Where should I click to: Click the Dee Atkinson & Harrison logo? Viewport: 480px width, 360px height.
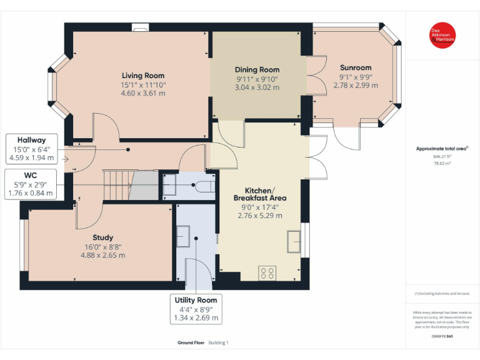(x=442, y=36)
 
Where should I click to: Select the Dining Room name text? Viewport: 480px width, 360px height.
(x=257, y=70)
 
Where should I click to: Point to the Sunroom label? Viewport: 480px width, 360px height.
(x=356, y=67)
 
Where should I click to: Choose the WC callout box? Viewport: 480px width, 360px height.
(x=31, y=184)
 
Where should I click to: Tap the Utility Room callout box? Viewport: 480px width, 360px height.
(x=197, y=309)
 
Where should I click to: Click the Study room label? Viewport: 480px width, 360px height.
(x=103, y=237)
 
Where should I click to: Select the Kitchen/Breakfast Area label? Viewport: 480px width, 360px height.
(x=259, y=194)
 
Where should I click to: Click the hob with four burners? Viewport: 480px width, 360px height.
(x=268, y=272)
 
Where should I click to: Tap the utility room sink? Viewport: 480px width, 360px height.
(x=184, y=236)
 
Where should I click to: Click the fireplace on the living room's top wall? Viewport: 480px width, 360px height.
(x=141, y=27)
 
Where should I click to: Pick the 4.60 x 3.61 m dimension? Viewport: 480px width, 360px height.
(x=143, y=93)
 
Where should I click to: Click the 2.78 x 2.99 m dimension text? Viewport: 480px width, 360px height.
(x=356, y=85)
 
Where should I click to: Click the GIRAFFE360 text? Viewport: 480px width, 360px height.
(x=442, y=336)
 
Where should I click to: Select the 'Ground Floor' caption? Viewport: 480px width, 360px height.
(x=191, y=342)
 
